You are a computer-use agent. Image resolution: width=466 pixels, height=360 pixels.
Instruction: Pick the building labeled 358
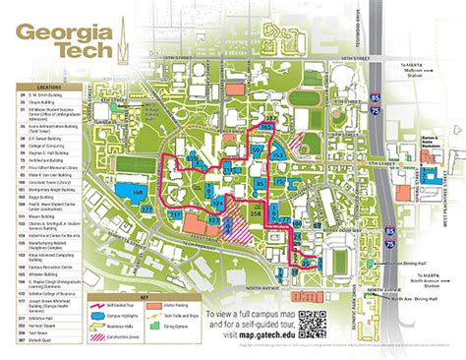click(x=257, y=212)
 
